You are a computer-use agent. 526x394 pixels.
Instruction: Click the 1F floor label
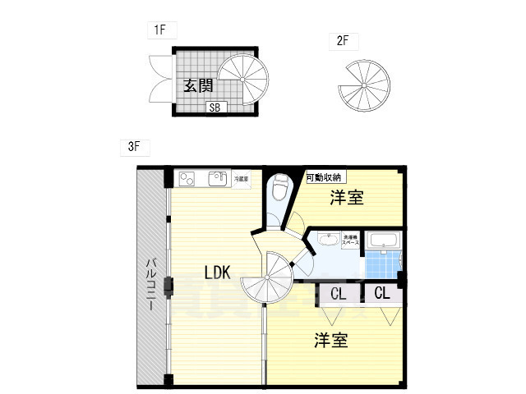[x=159, y=30]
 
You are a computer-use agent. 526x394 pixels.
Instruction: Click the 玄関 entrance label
[x=200, y=85]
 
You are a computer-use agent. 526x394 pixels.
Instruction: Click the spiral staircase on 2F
[x=363, y=85]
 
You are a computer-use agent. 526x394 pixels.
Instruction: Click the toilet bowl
[x=280, y=188]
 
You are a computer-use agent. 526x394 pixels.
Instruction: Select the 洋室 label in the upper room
[x=348, y=197]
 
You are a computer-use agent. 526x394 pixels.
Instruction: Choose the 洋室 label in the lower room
[x=330, y=340]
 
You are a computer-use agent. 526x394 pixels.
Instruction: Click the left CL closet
[x=338, y=293]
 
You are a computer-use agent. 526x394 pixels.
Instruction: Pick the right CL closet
[x=382, y=293]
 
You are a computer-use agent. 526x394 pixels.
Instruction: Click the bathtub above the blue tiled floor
[x=383, y=241]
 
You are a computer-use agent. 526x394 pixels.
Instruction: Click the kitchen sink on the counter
[x=218, y=177]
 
